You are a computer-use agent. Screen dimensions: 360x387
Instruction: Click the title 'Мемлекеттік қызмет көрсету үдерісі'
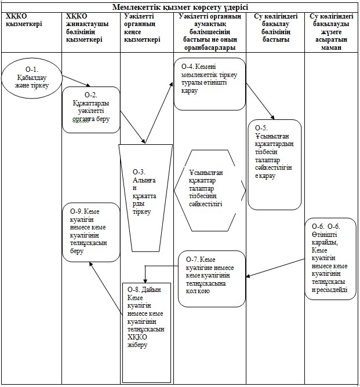pos(180,7)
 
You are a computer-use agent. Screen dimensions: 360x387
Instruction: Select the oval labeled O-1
pos(32,78)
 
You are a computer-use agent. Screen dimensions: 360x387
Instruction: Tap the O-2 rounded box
pos(91,110)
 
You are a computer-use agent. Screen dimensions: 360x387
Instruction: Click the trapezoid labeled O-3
pos(146,198)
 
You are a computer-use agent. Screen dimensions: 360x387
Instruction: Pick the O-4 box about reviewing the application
pos(210,84)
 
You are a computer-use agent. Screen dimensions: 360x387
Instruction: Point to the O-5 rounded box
pos(275,165)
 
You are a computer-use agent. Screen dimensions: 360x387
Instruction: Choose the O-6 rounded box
pos(330,258)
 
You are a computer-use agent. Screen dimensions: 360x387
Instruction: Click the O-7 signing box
pos(212,279)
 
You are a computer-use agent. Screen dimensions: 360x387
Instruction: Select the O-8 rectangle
pos(147,333)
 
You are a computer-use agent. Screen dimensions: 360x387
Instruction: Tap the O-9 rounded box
pos(91,232)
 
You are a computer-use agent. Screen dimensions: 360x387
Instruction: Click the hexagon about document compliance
pos(210,191)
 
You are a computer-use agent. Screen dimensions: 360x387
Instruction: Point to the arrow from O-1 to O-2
pos(76,81)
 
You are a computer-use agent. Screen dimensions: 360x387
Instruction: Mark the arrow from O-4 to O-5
pos(260,101)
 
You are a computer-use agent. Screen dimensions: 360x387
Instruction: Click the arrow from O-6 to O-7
pos(275,268)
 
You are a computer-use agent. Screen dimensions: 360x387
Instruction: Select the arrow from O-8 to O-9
pos(106,288)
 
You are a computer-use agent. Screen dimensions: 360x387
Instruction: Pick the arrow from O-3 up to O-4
pos(159,113)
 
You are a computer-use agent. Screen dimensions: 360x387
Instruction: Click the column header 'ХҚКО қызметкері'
pos(24,20)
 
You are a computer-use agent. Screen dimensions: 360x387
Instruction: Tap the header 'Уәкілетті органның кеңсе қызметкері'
pos(142,28)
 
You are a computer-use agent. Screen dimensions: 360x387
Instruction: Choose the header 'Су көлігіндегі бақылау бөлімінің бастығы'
pos(275,28)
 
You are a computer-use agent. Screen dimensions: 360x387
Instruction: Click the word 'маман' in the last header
pos(331,48)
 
